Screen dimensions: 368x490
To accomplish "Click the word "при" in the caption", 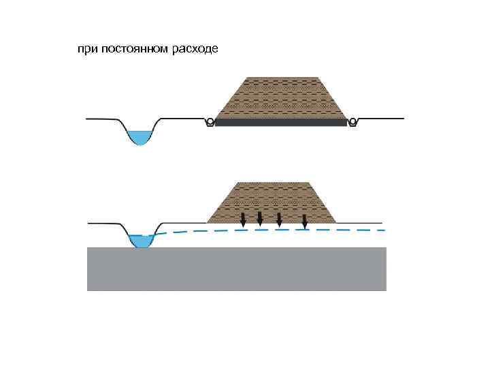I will coord(86,50).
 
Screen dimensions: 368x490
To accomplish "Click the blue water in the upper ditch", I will coord(140,137).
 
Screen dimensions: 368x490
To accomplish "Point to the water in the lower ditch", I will coord(142,241).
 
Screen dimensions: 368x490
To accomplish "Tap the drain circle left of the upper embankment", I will coord(210,122).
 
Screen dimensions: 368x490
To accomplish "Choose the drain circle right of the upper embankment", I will coord(353,122).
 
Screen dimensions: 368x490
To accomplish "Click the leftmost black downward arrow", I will coord(244,219).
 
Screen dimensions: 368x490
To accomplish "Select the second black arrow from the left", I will coord(260,218).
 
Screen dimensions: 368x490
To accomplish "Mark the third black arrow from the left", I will coord(279,219).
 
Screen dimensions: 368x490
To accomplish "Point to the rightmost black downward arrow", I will coord(304,221).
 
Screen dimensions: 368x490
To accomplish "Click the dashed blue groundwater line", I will coord(272,230).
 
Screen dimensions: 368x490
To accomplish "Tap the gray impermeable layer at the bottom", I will coord(236,269).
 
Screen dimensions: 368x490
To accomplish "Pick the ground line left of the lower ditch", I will coord(105,223).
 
